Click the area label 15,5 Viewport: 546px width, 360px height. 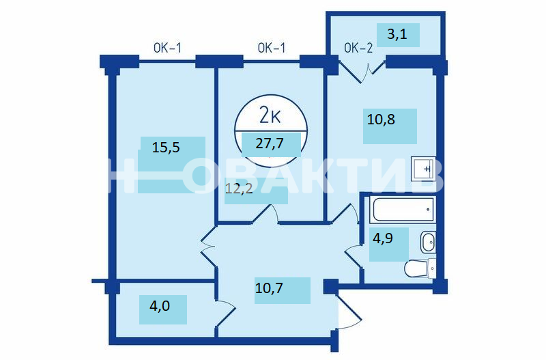(166, 148)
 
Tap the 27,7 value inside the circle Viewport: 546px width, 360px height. (270, 143)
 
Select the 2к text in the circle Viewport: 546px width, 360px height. (270, 115)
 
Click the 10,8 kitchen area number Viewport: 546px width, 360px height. (381, 120)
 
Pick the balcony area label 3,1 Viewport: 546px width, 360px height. (397, 34)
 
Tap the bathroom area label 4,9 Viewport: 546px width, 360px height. (383, 238)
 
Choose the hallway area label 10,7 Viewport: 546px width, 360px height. (269, 288)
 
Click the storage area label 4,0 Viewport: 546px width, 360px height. (160, 306)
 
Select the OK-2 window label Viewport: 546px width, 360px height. (358, 48)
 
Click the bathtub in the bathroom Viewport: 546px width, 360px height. (403, 209)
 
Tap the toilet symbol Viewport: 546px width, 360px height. (420, 268)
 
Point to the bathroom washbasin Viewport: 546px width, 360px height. (428, 242)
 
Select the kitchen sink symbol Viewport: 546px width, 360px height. (423, 169)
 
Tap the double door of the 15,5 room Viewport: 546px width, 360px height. (208, 247)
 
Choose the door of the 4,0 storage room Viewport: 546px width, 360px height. (226, 314)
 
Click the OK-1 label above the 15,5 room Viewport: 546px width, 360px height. (167, 48)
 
